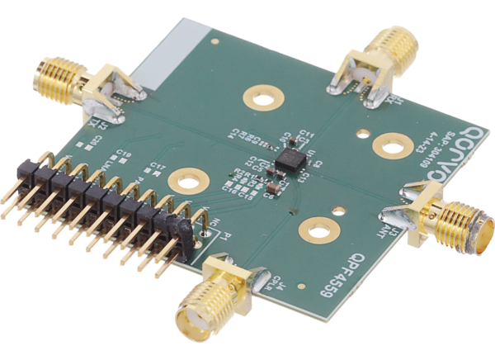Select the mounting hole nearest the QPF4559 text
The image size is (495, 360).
pos(316,226)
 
